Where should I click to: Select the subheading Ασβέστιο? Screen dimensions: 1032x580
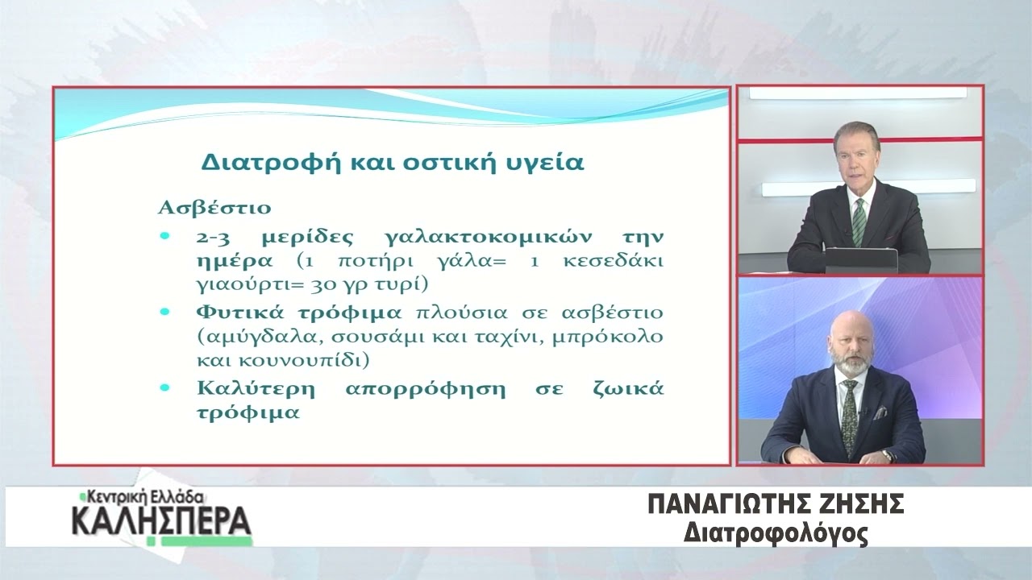click(x=214, y=208)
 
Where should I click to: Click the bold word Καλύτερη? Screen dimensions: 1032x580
click(x=256, y=389)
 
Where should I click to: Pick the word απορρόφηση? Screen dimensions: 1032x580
click(x=425, y=389)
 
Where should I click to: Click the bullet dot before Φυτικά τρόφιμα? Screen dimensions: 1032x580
click(x=164, y=312)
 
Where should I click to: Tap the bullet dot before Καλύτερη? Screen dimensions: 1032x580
click(x=164, y=388)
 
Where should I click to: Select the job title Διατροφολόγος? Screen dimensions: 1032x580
click(x=776, y=534)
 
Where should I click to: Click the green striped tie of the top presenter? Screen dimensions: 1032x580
click(x=859, y=222)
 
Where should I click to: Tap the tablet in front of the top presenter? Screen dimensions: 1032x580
click(x=860, y=260)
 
